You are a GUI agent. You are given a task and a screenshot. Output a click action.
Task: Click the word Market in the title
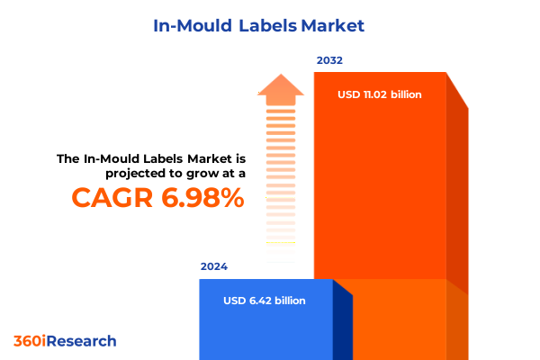334,25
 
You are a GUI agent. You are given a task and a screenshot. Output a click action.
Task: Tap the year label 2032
329,60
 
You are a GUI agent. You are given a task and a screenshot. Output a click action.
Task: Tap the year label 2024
214,266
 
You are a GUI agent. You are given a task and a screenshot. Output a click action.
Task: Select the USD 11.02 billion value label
380,94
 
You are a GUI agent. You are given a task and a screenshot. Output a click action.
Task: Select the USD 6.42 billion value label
265,301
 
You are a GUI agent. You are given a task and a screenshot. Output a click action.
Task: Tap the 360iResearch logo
65,341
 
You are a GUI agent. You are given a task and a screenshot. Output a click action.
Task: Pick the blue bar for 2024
265,324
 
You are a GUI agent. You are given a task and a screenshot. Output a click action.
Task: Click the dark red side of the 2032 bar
457,198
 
